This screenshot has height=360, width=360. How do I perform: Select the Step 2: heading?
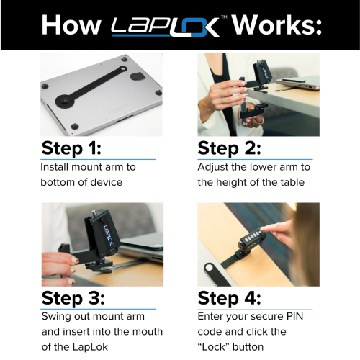tap(230, 148)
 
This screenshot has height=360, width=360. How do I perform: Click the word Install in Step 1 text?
tap(58, 167)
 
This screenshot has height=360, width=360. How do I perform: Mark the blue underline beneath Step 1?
tap(98, 159)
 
